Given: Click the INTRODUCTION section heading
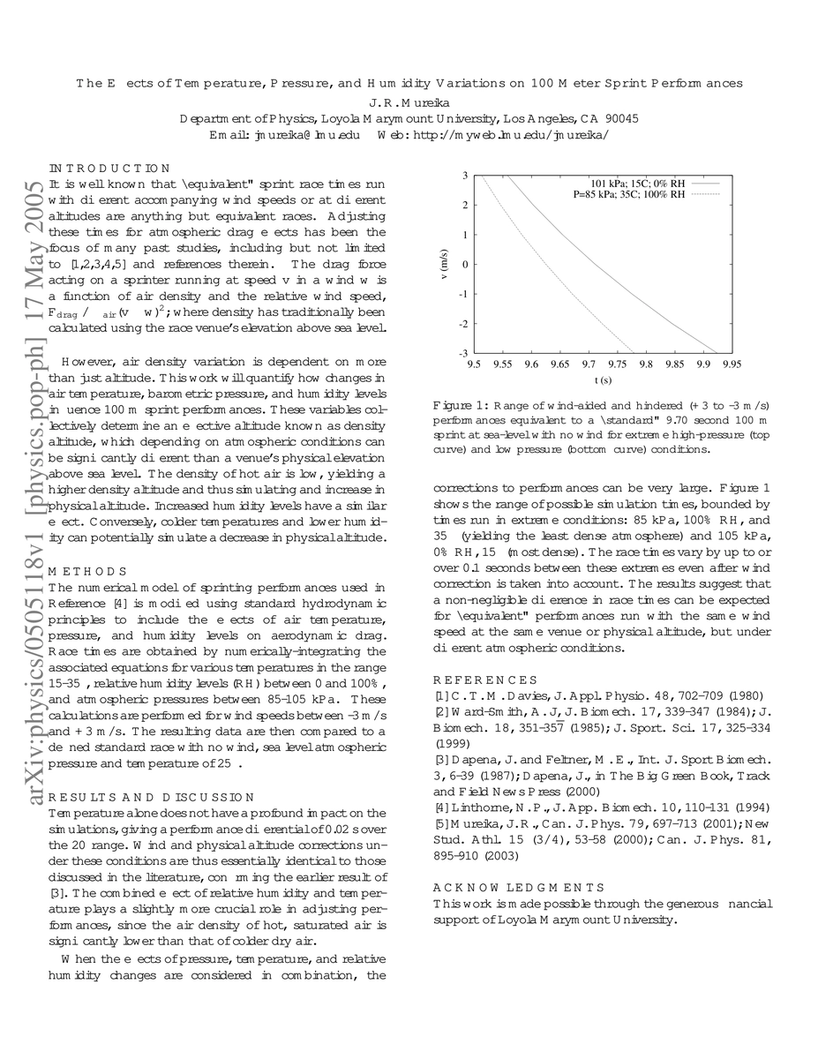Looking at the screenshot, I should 109,168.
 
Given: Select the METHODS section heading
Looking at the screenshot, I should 87,571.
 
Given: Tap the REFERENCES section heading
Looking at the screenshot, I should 485,680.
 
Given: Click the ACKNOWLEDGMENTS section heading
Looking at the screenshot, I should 519,887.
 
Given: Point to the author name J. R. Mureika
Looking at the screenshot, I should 409,101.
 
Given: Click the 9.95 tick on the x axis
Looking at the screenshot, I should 731,363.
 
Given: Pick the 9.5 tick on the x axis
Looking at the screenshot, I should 474,363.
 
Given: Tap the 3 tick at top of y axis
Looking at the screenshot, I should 465,176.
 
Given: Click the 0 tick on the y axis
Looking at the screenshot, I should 465,265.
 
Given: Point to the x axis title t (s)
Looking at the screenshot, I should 603,380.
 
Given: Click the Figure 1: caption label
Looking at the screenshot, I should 456,404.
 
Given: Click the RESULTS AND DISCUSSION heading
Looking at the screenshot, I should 151,797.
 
